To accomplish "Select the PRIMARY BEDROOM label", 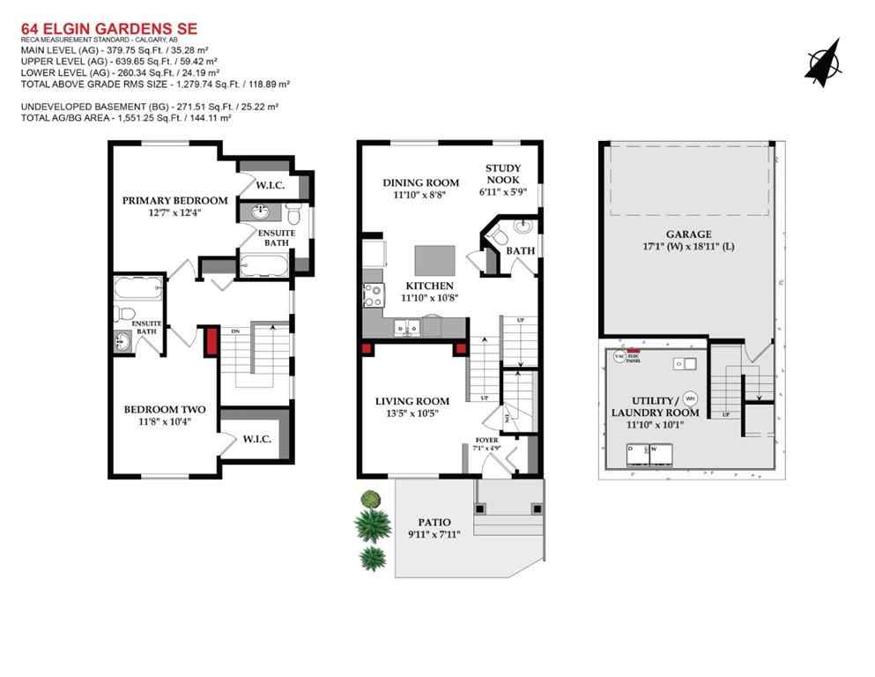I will tap(174, 200).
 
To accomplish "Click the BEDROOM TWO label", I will tap(165, 409).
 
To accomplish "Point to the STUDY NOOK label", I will tap(503, 174).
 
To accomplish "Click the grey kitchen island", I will tap(435, 263).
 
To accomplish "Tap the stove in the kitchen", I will tap(370, 294).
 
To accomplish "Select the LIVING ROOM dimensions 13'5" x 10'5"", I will tap(406, 413).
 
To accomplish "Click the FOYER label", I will tap(486, 439).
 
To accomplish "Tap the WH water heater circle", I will tap(691, 397).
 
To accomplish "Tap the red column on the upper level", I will tap(211, 341).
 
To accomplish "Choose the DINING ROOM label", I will tap(420, 182).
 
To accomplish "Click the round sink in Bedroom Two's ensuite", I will tap(122, 342).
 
